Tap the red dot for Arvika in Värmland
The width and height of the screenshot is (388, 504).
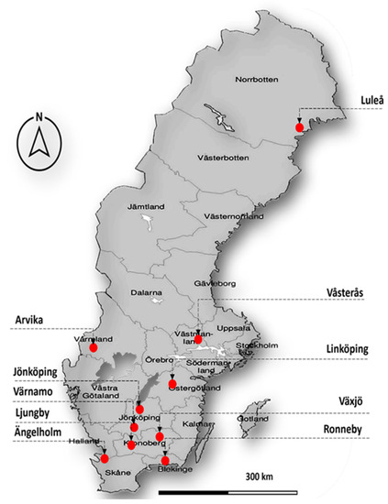pos(94,348)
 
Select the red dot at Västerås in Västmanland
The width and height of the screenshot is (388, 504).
pos(198,340)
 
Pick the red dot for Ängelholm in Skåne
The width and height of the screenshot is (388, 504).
pos(105,457)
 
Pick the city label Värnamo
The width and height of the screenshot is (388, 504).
pos(32,392)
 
